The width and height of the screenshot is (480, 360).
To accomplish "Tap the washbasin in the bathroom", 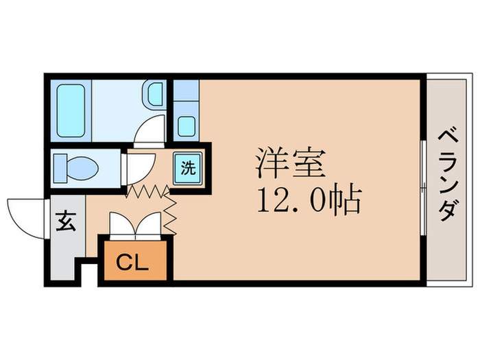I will (x=154, y=94).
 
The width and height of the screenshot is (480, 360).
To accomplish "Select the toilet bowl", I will (x=84, y=167).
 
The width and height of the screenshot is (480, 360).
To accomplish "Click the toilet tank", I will (x=60, y=167).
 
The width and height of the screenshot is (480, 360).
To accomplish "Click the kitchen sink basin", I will (x=186, y=125).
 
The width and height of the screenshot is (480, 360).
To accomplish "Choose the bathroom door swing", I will (x=151, y=130).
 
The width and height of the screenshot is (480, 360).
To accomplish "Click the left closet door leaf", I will (x=123, y=226).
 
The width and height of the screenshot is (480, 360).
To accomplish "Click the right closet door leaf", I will (x=150, y=226).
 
